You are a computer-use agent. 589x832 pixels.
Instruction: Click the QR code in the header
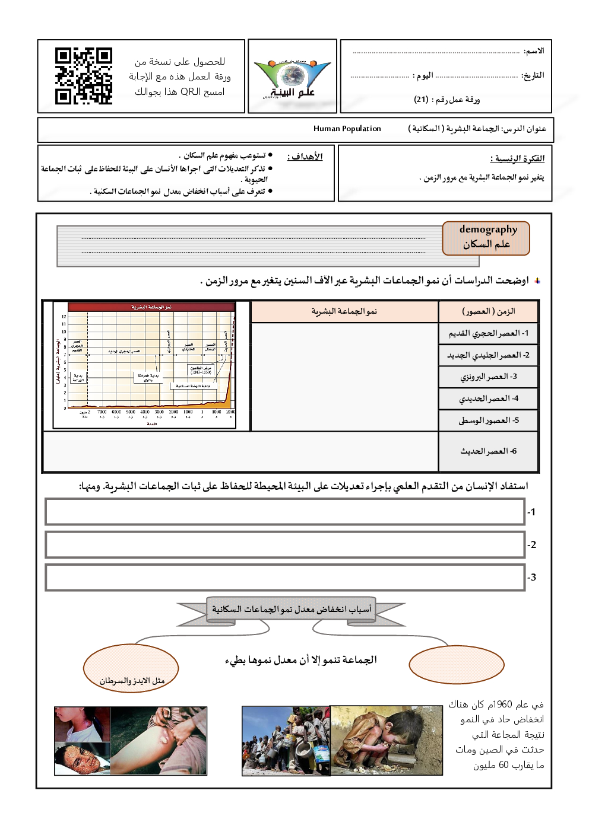click(83, 76)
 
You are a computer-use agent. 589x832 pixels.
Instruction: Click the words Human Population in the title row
click(347, 129)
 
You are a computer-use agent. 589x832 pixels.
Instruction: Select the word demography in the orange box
click(488, 229)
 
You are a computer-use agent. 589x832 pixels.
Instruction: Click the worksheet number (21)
click(421, 100)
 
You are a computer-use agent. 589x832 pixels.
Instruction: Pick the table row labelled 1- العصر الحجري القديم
click(488, 333)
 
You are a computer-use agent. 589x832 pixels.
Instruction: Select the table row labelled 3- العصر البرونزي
click(488, 377)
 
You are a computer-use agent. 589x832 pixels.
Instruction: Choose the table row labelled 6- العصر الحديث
click(488, 451)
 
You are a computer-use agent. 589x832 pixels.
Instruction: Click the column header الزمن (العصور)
click(488, 311)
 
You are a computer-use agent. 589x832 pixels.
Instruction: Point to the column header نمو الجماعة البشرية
click(344, 311)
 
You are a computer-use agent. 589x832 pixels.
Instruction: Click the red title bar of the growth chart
click(151, 307)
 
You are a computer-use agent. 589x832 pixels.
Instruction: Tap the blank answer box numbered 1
click(285, 512)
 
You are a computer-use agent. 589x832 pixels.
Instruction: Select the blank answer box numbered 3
click(285, 577)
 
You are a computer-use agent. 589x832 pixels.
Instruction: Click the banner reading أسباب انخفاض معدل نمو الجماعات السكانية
click(292, 610)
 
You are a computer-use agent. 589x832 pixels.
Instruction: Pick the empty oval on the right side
click(456, 664)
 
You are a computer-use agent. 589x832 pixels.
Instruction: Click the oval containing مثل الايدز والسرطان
click(131, 669)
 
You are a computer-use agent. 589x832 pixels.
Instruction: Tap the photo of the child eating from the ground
click(387, 740)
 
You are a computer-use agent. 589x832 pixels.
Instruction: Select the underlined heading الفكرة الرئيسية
click(517, 159)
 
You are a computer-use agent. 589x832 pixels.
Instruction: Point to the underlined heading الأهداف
click(305, 157)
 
